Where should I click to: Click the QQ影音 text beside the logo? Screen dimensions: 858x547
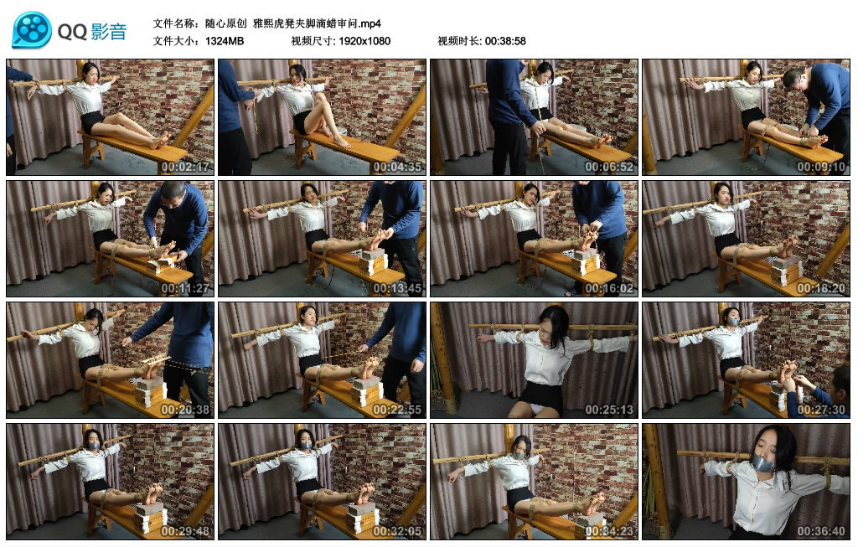click(x=92, y=32)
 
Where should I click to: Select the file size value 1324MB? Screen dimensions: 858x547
click(x=225, y=41)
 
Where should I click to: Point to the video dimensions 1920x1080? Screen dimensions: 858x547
click(x=364, y=41)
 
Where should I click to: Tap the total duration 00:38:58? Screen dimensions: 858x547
click(x=505, y=41)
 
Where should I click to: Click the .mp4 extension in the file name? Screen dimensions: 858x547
click(x=370, y=23)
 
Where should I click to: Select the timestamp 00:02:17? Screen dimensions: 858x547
click(x=185, y=167)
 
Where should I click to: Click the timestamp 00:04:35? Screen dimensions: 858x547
click(x=397, y=167)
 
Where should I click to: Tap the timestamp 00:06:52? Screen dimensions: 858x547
click(x=609, y=167)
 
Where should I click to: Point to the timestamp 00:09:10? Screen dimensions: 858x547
click(x=821, y=167)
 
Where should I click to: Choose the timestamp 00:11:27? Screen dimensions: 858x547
click(x=185, y=287)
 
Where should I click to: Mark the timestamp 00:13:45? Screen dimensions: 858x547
click(x=397, y=287)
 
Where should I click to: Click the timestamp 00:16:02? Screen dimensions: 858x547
click(x=609, y=287)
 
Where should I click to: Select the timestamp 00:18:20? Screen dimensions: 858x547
click(x=821, y=287)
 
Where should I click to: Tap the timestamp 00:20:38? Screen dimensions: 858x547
click(x=185, y=409)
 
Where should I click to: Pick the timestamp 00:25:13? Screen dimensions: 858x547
click(x=609, y=409)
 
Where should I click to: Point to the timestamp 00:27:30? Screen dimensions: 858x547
click(x=821, y=409)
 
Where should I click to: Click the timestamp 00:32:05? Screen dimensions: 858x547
click(x=397, y=530)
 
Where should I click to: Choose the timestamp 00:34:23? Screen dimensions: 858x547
click(x=609, y=530)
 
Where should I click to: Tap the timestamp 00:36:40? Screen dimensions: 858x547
click(x=821, y=530)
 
